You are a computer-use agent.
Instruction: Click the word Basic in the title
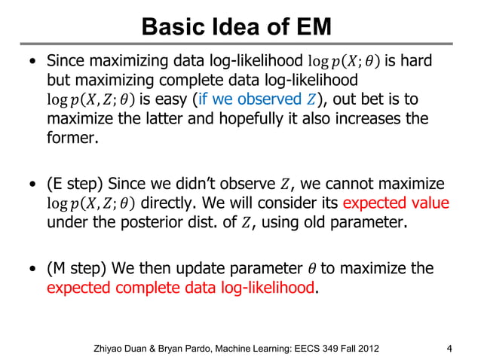pyautogui.click(x=168, y=28)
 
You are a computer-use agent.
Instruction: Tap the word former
pyautogui.click(x=72, y=139)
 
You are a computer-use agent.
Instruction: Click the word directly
pyautogui.click(x=167, y=204)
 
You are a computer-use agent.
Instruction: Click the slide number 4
pyautogui.click(x=449, y=348)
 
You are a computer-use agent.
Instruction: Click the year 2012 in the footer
pyautogui.click(x=366, y=348)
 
